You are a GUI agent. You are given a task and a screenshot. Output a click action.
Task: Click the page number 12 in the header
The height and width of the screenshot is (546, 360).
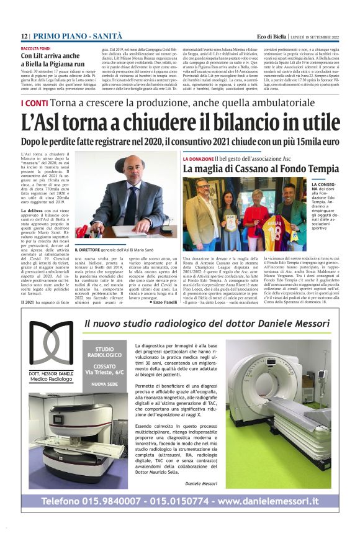coord(24,37)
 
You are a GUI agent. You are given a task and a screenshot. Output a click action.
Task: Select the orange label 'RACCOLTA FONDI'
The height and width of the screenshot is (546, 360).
coord(37,47)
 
